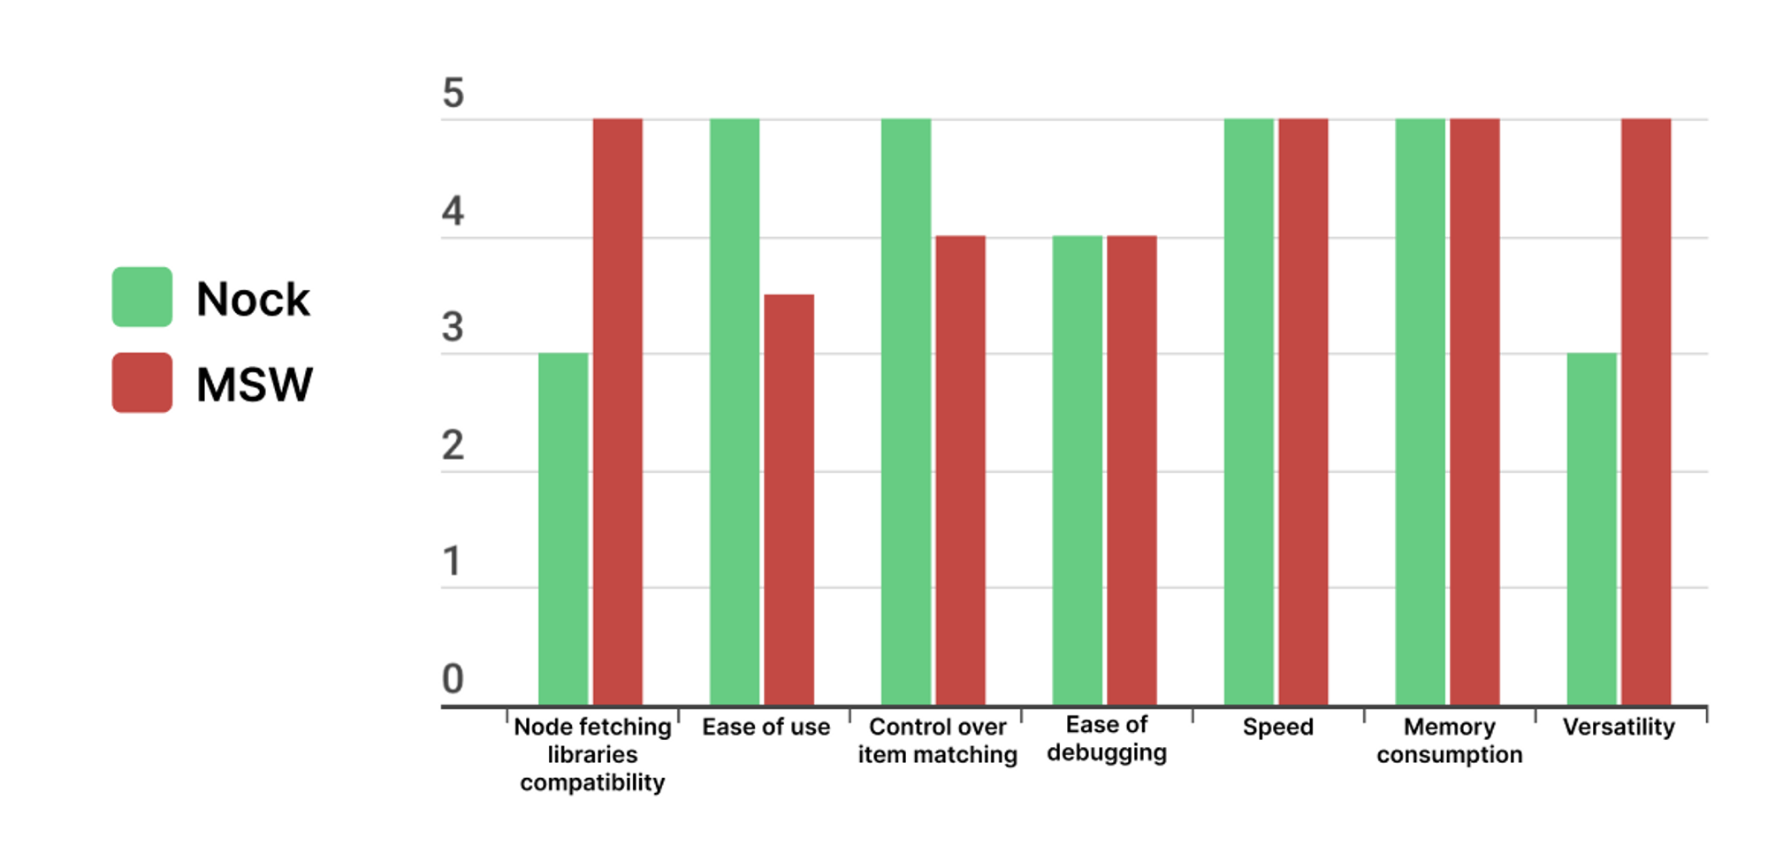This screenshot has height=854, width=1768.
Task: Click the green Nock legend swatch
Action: pyautogui.click(x=141, y=297)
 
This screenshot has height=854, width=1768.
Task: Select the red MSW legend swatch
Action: pyautogui.click(x=141, y=383)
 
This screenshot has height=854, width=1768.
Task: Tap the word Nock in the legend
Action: pyautogui.click(x=253, y=299)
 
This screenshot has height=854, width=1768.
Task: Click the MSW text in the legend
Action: pyautogui.click(x=255, y=385)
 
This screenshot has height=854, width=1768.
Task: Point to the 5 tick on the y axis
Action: pyautogui.click(x=453, y=94)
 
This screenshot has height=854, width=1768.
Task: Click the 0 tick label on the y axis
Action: pyautogui.click(x=453, y=679)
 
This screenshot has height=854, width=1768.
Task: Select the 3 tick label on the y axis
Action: pyautogui.click(x=453, y=328)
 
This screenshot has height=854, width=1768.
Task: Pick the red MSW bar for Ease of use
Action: pyautogui.click(x=789, y=499)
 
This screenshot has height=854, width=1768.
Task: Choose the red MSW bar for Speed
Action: pyautogui.click(x=1303, y=412)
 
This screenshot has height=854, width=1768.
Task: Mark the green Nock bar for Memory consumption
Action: pyautogui.click(x=1420, y=412)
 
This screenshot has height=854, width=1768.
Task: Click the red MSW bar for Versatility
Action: pyautogui.click(x=1646, y=412)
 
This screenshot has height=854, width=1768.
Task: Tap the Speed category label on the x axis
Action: pyautogui.click(x=1277, y=727)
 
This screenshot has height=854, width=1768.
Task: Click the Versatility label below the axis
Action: pyautogui.click(x=1619, y=727)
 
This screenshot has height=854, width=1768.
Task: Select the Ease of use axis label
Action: pyautogui.click(x=766, y=727)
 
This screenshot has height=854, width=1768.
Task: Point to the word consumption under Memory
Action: pyautogui.click(x=1449, y=755)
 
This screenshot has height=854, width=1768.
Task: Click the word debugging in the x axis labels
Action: pyautogui.click(x=1107, y=753)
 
